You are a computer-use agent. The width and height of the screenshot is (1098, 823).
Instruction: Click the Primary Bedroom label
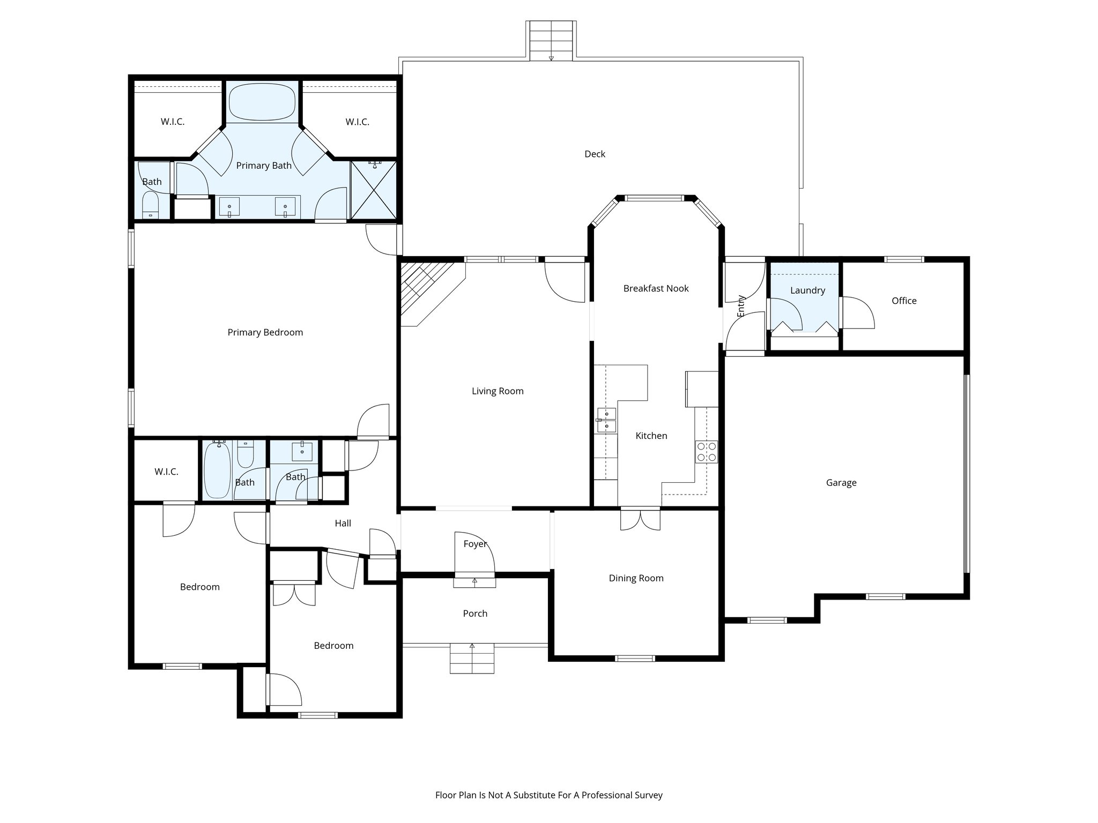(x=265, y=332)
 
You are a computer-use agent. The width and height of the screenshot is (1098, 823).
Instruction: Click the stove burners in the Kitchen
(x=706, y=451)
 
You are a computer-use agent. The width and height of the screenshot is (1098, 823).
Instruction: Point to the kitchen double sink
(x=607, y=420)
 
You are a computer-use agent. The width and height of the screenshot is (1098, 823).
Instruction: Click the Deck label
(x=595, y=154)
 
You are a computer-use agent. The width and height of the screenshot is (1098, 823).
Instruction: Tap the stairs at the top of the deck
(x=551, y=41)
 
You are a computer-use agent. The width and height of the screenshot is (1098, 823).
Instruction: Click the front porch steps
(x=472, y=658)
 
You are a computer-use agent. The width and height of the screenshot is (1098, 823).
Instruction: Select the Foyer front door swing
(x=474, y=554)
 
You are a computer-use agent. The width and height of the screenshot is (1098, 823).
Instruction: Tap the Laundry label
(x=807, y=290)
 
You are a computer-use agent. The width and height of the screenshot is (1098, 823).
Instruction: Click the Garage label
(x=841, y=483)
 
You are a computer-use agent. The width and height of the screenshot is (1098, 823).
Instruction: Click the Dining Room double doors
(x=640, y=520)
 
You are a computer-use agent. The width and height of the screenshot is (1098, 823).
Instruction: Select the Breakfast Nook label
(x=656, y=288)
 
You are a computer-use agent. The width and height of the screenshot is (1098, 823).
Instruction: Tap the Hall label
(x=343, y=523)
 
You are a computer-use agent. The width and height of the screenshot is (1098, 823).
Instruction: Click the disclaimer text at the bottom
(x=548, y=795)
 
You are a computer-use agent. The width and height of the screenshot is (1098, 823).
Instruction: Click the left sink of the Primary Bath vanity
(x=230, y=207)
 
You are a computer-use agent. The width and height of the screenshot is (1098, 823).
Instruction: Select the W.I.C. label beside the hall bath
(x=166, y=472)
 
